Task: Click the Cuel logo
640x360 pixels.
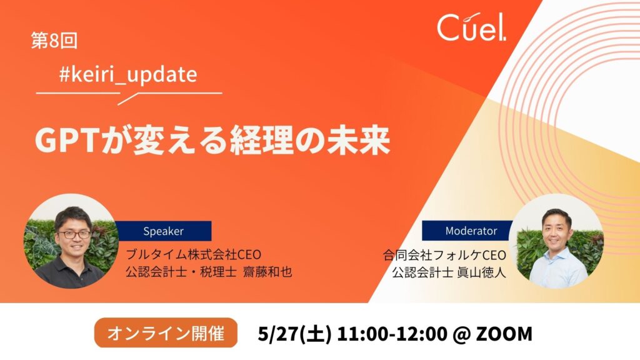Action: (x=471, y=27)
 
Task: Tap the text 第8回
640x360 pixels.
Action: (x=54, y=41)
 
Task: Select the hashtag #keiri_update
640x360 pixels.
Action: (x=128, y=75)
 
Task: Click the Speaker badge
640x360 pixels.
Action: (x=163, y=231)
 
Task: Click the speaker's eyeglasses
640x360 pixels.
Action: (x=74, y=235)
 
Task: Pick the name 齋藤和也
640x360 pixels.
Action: (x=267, y=272)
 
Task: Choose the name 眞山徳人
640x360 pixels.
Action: (x=482, y=272)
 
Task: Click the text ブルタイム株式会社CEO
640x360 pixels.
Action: (x=193, y=255)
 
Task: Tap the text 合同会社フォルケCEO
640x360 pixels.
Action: (x=444, y=255)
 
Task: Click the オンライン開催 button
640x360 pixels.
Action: (x=166, y=333)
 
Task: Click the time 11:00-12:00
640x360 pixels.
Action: (x=392, y=334)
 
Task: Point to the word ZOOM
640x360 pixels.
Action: (x=504, y=334)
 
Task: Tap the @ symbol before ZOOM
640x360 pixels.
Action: (x=462, y=334)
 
